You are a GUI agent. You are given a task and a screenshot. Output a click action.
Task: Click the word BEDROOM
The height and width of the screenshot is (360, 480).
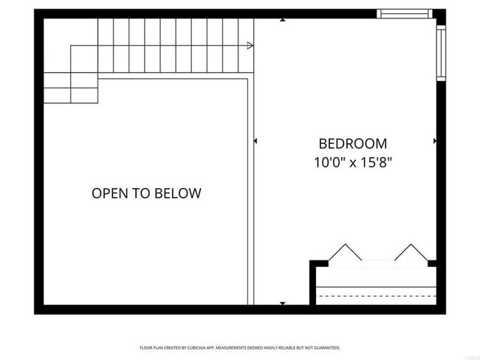pos(352,144)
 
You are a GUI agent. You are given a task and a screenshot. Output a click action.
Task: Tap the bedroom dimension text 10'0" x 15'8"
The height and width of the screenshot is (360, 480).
pos(352,162)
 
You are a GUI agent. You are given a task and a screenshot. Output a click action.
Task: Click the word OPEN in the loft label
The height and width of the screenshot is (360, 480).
pos(108,194)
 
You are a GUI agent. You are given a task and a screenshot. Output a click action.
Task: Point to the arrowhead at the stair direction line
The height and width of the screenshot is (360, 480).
pos(250,46)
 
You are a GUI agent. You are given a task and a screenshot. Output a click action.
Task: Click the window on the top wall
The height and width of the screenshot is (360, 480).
pos(404,13)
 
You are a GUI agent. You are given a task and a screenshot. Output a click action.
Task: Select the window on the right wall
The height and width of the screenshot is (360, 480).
pos(441,52)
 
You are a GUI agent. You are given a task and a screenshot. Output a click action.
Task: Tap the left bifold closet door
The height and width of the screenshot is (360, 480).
pos(344,253)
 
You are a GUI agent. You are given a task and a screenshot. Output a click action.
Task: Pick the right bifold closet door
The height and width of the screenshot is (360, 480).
pos(411,253)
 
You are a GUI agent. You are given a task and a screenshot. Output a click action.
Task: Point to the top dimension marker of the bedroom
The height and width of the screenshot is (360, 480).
pos(283,20)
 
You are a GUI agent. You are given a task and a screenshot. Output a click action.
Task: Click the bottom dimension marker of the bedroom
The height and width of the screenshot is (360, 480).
pos(283,302)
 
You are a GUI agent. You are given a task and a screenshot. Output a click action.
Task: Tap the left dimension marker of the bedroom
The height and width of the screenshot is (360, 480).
pos(256,140)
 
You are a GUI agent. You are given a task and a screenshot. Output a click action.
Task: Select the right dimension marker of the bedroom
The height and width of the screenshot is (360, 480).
pos(434,140)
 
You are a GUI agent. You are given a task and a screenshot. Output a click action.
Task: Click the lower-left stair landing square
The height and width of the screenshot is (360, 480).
pos(58,95)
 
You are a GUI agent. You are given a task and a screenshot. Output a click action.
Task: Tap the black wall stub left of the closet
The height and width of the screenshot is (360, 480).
pos(318,263)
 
